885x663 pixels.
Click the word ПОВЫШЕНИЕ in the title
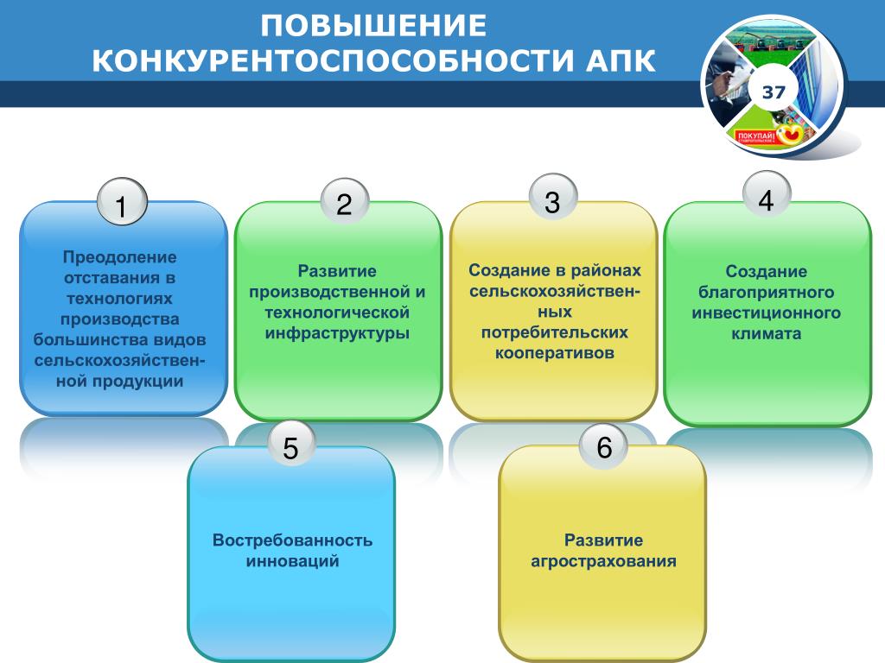373,26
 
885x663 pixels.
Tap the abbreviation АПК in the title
621,61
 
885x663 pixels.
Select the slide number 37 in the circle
774,92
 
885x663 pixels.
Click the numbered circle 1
122,202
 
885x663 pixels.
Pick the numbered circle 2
345,202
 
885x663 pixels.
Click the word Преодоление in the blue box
119,257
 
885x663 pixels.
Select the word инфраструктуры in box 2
337,333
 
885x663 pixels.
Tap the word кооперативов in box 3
555,354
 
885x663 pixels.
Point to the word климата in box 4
766,334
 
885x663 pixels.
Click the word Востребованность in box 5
292,540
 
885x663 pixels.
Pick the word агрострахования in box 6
603,561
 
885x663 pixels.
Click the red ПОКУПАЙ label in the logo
757,137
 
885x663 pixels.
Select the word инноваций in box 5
292,561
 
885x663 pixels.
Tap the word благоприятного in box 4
766,293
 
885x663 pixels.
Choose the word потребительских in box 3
555,332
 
